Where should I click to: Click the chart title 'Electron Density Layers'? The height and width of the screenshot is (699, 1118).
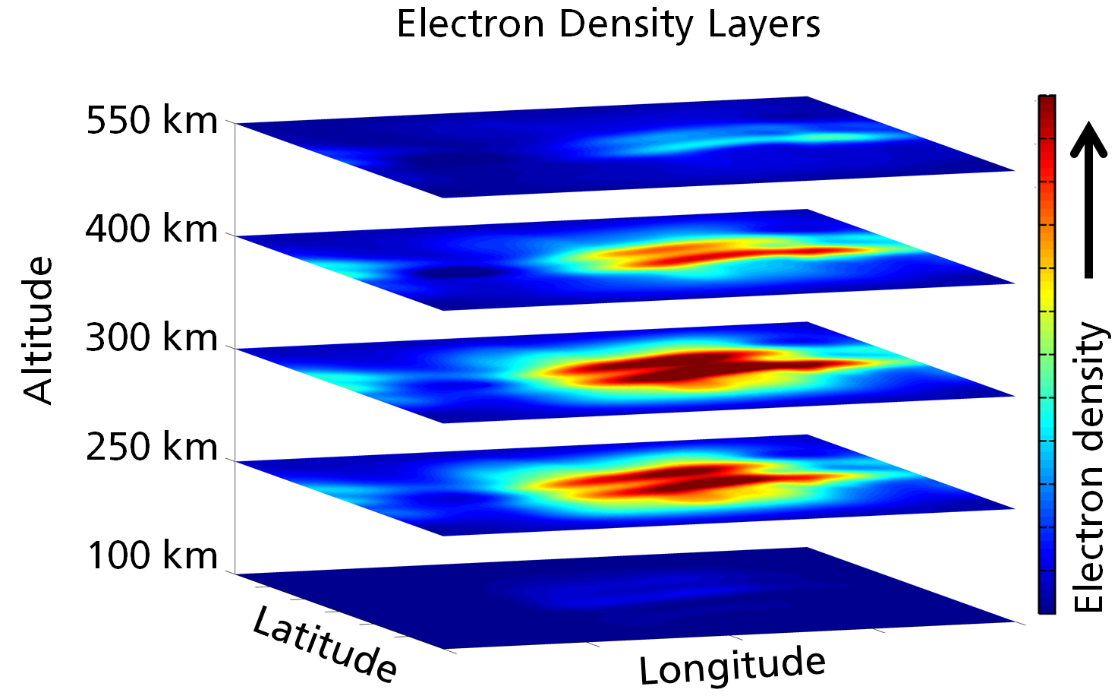608,24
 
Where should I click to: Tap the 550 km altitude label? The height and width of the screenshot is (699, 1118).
152,121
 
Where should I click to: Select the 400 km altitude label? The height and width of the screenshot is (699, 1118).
152,229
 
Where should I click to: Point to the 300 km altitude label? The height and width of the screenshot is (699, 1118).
152,338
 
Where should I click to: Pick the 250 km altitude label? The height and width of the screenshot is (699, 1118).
152,447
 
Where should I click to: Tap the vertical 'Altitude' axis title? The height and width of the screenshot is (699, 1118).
38,330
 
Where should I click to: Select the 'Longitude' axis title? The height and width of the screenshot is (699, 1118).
732,666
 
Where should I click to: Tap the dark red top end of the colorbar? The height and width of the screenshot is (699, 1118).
1047,106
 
